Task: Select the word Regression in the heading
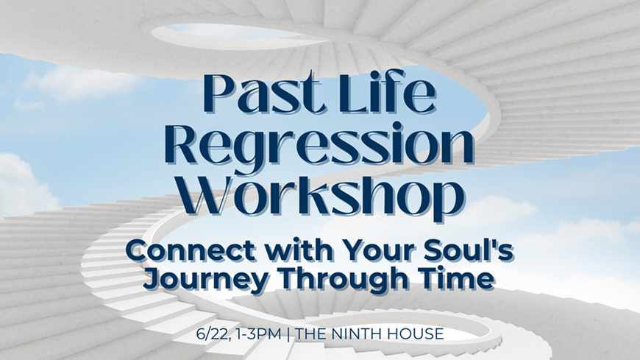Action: coord(320,144)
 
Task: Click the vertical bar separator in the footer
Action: coord(288,334)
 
